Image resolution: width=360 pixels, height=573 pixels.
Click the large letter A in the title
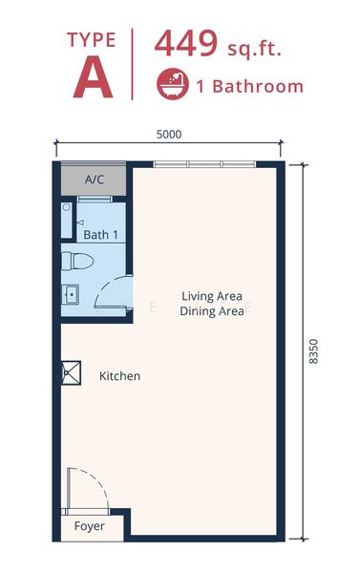tap(93, 78)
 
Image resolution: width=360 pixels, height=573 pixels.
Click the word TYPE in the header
tap(93, 40)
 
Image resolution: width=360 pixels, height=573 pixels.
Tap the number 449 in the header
tap(187, 45)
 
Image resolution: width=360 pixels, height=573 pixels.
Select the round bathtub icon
tap(172, 86)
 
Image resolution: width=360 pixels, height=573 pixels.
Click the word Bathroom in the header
tap(256, 87)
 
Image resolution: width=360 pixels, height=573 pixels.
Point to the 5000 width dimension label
tap(168, 135)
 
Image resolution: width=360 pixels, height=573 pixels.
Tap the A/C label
tap(94, 179)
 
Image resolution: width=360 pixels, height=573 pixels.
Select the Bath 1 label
tap(100, 234)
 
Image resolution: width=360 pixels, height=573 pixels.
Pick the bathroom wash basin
tap(71, 294)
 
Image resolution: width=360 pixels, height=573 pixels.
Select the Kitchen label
tap(119, 376)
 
